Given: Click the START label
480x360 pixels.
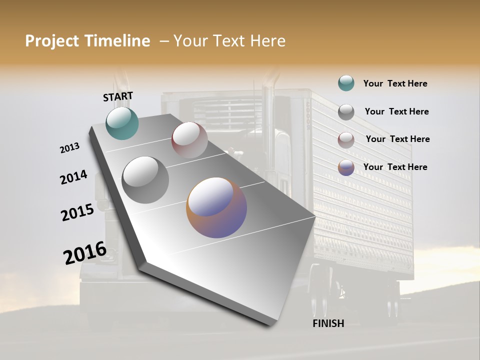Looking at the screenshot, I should (118, 96).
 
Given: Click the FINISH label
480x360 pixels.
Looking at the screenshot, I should (328, 323).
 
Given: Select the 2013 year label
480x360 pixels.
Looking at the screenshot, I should (69, 148).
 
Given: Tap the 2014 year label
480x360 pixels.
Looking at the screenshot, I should (73, 177).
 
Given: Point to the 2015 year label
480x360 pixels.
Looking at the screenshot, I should (77, 212).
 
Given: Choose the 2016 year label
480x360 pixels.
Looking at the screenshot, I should (84, 253).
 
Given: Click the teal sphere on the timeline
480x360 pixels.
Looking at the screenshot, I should (122, 123).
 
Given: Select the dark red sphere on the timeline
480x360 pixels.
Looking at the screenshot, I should (189, 140).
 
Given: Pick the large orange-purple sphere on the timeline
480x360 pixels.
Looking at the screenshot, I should (216, 207).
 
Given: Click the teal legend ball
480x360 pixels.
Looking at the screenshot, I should (346, 83).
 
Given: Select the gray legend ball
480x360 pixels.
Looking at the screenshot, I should (346, 112).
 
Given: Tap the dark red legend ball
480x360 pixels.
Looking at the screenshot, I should (346, 139).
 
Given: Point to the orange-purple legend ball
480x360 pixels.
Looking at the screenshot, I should (346, 167).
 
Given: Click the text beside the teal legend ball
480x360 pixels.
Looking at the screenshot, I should (395, 84).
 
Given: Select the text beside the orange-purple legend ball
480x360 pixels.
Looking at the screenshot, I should (395, 167).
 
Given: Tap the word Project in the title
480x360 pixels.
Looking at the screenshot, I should (51, 41).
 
